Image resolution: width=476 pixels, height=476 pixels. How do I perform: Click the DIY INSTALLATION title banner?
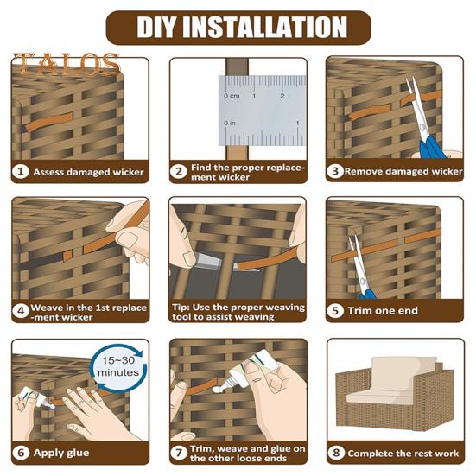[x=238, y=28]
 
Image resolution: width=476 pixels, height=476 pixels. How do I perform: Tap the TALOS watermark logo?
[x=67, y=64]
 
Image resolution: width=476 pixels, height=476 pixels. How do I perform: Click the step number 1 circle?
[x=21, y=172]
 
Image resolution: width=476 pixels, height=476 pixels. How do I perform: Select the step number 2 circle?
[x=179, y=172]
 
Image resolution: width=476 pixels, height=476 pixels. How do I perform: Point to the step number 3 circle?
[x=335, y=171]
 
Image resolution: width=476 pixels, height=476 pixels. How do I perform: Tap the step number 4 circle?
[x=21, y=311]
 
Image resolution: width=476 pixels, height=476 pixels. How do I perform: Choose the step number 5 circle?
[x=335, y=310]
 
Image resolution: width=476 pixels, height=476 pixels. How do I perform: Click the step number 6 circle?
[x=21, y=453]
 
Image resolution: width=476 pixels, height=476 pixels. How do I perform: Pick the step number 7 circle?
[x=179, y=453]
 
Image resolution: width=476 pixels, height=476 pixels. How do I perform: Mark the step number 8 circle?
[x=336, y=453]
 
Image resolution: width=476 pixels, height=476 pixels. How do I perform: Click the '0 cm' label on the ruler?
[x=232, y=96]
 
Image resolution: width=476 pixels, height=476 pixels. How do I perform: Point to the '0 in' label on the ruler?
[x=230, y=123]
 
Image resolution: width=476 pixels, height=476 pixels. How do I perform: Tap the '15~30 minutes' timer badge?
[x=118, y=366]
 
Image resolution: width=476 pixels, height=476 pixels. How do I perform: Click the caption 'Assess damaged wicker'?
[x=88, y=172]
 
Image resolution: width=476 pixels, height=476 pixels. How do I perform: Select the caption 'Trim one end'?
[x=383, y=310]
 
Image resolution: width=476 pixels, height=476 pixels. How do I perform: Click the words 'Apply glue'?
[x=61, y=453]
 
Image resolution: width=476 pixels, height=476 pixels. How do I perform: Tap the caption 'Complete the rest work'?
[x=403, y=454]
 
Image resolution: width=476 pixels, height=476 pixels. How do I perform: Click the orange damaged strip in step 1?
[x=48, y=121]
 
